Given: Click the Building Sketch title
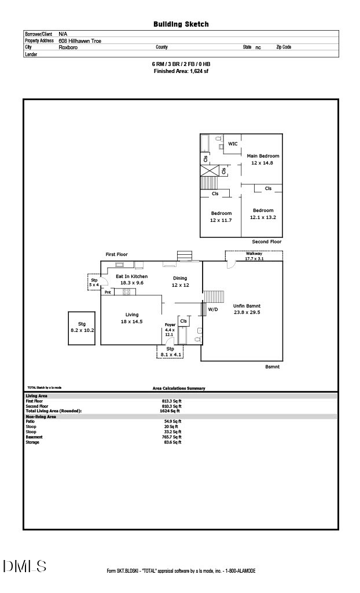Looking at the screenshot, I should point(181,24).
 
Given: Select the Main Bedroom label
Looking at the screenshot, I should point(263,156).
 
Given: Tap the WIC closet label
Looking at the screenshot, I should point(233,144).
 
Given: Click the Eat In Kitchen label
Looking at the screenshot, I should point(131,276).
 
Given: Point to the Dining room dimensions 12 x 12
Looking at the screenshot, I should point(180,285).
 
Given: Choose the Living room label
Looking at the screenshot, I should point(131,314).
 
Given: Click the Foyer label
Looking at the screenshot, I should point(170,325).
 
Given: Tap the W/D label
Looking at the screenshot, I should point(212,309).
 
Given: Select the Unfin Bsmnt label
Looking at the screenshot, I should point(247,305).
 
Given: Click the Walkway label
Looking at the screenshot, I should point(254,254).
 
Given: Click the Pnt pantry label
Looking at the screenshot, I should point(108,292).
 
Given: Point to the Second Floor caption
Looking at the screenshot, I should point(267,241).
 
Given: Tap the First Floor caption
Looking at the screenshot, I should point(116,254).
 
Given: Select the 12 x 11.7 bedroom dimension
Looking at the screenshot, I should point(221,220).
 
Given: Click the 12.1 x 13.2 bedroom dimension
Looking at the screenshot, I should point(263,217).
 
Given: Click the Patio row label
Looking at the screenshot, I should point(31,422).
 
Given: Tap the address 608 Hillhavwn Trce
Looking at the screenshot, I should point(80,41).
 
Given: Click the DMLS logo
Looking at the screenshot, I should point(24,566).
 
